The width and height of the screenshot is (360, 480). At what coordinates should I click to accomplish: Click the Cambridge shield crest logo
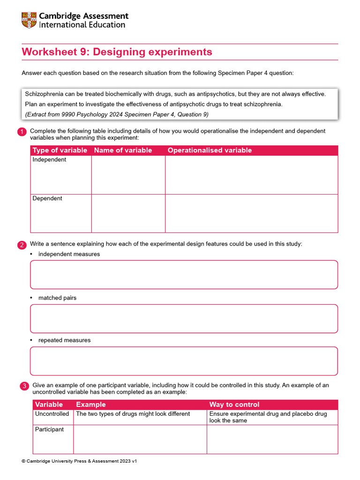29,20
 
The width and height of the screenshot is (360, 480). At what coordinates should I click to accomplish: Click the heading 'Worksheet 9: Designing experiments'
117,52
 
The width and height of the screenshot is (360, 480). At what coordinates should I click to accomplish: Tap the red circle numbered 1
22,133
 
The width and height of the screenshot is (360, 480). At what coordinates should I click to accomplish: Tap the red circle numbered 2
22,245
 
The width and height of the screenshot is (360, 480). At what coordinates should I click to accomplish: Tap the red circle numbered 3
24,386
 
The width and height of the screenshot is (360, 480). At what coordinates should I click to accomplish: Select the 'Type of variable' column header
60,150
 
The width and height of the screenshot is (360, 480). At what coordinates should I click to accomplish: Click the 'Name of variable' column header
123,150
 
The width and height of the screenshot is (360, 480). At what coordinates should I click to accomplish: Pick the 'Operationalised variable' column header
210,150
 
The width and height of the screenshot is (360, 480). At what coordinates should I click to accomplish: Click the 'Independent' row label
49,160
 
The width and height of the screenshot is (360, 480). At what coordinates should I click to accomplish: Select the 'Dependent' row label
47,199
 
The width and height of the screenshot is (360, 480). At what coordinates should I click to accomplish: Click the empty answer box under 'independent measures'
184,275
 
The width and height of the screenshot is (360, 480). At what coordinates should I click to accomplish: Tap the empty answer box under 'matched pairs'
184,319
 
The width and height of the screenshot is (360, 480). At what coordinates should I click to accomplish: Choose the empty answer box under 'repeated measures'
184,361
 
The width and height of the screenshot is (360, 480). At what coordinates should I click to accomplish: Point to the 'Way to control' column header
234,405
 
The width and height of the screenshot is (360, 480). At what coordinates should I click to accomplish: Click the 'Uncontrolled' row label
52,414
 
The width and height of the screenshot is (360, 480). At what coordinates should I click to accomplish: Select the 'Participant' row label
49,429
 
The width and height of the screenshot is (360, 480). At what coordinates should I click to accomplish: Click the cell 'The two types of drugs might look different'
133,414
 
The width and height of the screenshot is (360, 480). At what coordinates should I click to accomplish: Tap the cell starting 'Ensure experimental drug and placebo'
268,417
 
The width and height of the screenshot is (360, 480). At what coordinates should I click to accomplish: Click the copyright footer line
79,461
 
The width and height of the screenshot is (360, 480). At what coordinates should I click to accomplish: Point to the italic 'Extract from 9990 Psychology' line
117,114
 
